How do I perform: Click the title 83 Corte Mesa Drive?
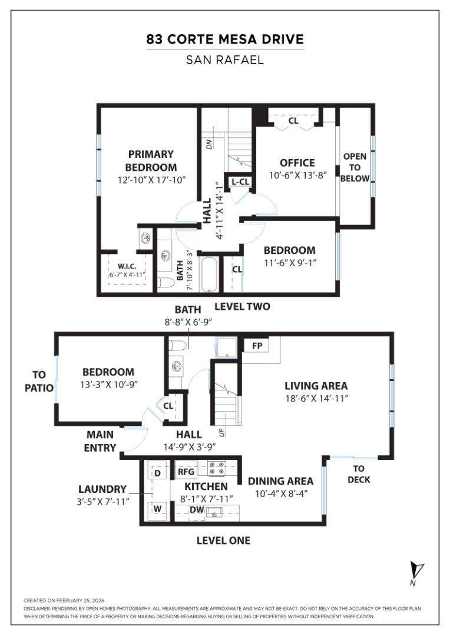click(225, 40)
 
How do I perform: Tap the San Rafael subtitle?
click(225, 59)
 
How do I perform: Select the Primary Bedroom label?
click(151, 160)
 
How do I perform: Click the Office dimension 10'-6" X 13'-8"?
click(297, 175)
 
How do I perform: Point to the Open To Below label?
click(355, 167)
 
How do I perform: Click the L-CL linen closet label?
click(240, 182)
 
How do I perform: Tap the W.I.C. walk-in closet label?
click(127, 267)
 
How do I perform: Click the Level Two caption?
click(242, 306)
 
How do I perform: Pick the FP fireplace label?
click(257, 346)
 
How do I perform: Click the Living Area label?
click(316, 386)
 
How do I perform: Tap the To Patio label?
click(39, 381)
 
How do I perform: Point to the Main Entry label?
click(100, 441)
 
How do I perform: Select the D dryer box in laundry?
click(157, 473)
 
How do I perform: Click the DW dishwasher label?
click(197, 511)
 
